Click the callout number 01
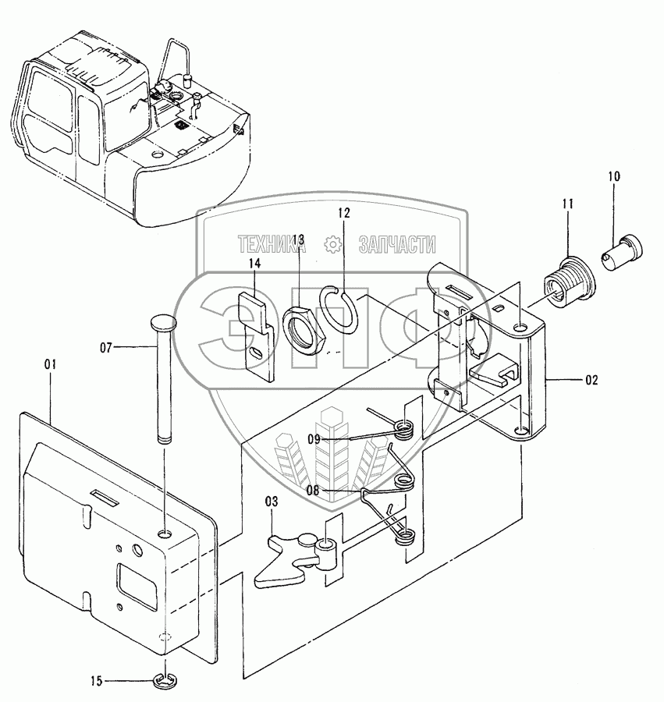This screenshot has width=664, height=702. click(x=51, y=363)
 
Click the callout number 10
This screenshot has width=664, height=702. click(x=614, y=177)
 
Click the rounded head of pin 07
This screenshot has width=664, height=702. click(x=162, y=322)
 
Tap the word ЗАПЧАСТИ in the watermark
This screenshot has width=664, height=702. click(x=396, y=245)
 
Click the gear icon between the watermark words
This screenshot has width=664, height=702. click(x=333, y=245)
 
